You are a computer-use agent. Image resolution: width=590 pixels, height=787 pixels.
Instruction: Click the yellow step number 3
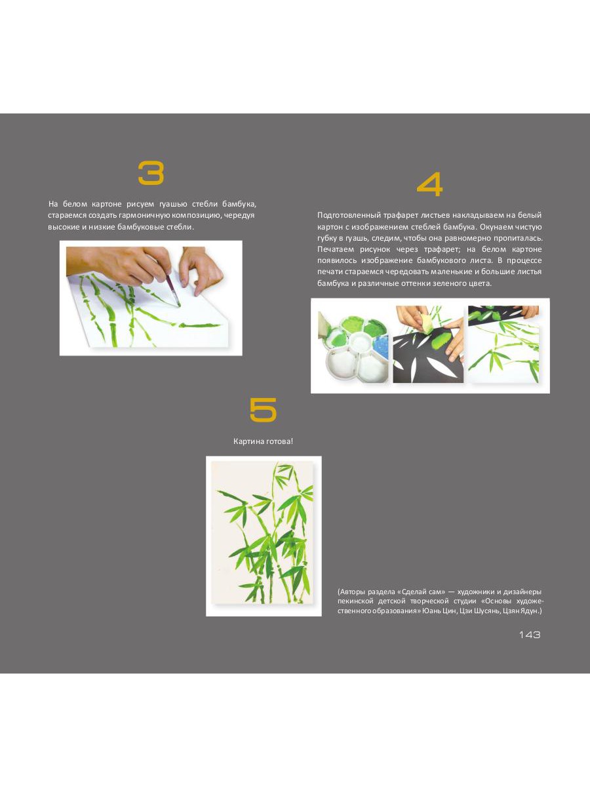click(x=151, y=173)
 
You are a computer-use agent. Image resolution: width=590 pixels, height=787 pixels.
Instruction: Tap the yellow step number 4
click(x=429, y=184)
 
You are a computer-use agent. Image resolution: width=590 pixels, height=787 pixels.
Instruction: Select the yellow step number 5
click(x=264, y=409)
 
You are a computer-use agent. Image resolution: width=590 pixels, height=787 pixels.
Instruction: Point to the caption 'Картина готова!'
click(x=264, y=441)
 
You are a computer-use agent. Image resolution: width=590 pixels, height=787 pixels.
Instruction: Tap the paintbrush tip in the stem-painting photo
click(x=178, y=305)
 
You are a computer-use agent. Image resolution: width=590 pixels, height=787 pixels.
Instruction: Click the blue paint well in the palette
click(x=381, y=346)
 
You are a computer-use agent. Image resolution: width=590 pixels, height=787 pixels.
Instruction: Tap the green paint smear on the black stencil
click(x=439, y=339)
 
